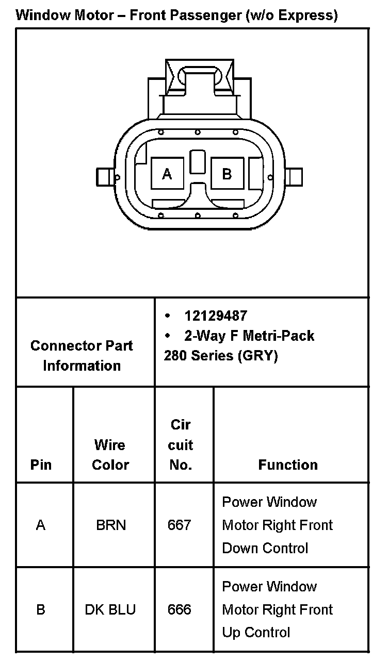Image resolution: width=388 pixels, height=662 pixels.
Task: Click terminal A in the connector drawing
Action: coord(167,174)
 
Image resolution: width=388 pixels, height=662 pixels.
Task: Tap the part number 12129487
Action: coord(216,316)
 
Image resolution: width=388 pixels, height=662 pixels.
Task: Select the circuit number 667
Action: coord(180,525)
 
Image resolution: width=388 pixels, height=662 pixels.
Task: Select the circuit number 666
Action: coord(180,609)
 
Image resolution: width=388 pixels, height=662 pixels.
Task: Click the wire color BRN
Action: coord(111,525)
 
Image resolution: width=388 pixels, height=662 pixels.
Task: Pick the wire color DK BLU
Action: coord(110,609)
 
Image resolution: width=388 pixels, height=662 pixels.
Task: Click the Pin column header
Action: coord(41,465)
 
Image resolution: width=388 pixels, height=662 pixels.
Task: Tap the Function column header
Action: coord(288,465)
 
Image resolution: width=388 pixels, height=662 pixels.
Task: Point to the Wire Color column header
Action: coord(110,455)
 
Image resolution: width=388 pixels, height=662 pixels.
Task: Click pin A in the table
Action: coord(41,525)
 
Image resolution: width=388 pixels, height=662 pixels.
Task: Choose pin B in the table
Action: coord(41,609)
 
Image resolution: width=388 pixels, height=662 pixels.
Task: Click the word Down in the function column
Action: coord(239,548)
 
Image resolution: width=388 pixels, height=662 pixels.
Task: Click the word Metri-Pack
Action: coord(279,336)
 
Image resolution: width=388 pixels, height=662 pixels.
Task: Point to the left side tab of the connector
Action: coord(105,177)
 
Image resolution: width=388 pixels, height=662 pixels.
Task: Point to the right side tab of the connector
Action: coord(294,177)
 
